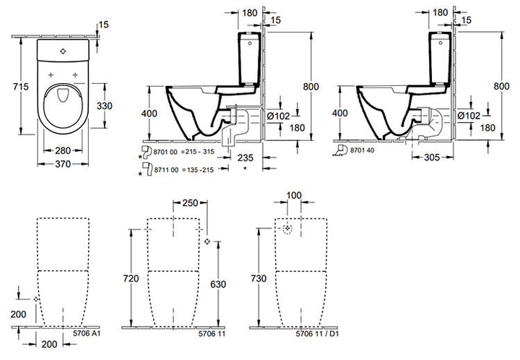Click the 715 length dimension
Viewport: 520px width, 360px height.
coord(21,87)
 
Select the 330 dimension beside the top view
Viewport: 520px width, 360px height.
coord(105,106)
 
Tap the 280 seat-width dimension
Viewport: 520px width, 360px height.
coord(63,150)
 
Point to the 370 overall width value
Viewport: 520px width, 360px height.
coord(63,164)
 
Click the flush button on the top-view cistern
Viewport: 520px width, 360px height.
coord(63,51)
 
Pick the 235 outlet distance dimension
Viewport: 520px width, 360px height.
coord(246,158)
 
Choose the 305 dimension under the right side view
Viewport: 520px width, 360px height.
coord(432,158)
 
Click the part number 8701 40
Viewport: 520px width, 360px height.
coord(362,150)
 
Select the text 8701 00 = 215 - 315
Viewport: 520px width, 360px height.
coord(183,152)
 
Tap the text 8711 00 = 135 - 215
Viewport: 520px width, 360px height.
coord(183,170)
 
